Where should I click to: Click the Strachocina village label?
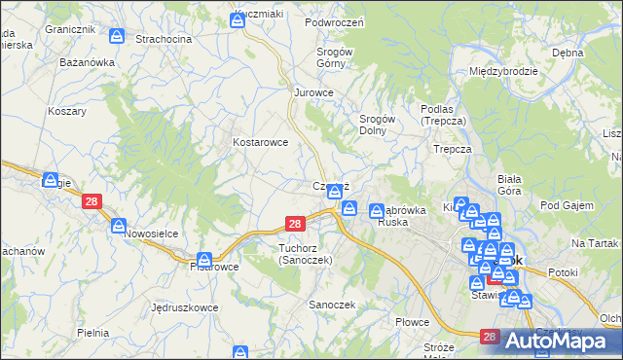pos(164,39)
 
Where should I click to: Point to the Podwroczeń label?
pos(334,22)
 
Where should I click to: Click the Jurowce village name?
pos(314,92)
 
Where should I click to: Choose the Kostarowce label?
pos(260,142)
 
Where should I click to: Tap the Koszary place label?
pos(67,111)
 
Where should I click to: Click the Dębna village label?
pos(594,53)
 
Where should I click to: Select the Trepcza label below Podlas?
pos(453,149)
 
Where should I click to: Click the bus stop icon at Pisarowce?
pos(204,260)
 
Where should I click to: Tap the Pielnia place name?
pos(92,333)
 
